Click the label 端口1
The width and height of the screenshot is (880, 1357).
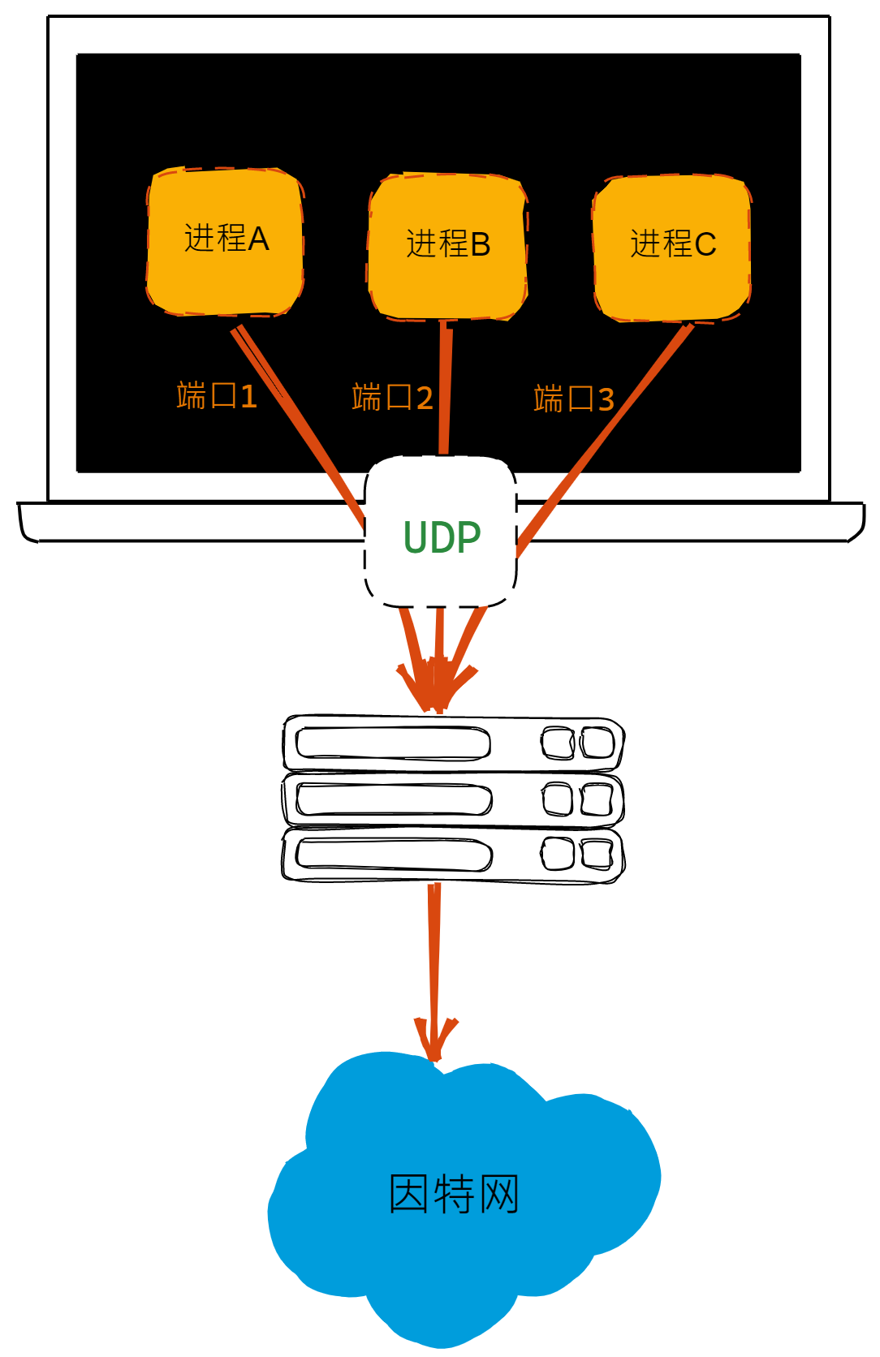point(217,396)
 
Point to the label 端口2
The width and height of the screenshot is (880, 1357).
point(392,398)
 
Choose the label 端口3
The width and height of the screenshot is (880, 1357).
point(573,399)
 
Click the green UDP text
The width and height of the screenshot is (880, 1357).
point(442,537)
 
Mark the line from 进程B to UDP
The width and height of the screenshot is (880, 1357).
point(445,390)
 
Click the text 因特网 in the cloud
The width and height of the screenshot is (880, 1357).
point(453,1194)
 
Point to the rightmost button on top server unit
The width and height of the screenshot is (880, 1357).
point(597,743)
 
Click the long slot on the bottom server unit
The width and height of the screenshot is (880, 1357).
point(394,855)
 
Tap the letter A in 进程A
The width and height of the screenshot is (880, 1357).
point(258,239)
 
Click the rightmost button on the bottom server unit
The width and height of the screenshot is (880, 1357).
point(597,855)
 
